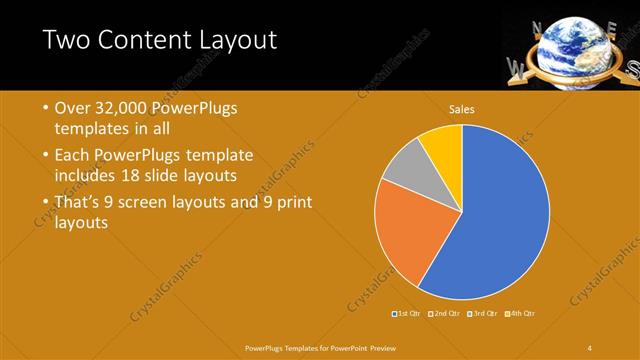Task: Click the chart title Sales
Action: (x=461, y=109)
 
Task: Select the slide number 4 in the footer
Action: (x=590, y=347)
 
